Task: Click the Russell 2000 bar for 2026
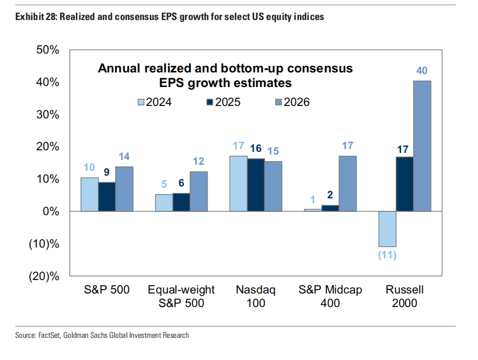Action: pos(422,146)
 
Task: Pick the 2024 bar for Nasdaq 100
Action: pos(238,183)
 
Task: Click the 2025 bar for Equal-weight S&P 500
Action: pos(181,202)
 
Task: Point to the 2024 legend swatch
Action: pos(142,102)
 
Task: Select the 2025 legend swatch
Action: pos(209,102)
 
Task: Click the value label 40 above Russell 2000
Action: pos(422,71)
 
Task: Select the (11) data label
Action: pos(387,255)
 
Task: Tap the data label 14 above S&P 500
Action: pos(124,157)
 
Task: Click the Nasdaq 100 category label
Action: pos(255,296)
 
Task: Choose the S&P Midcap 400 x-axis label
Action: pos(330,296)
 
